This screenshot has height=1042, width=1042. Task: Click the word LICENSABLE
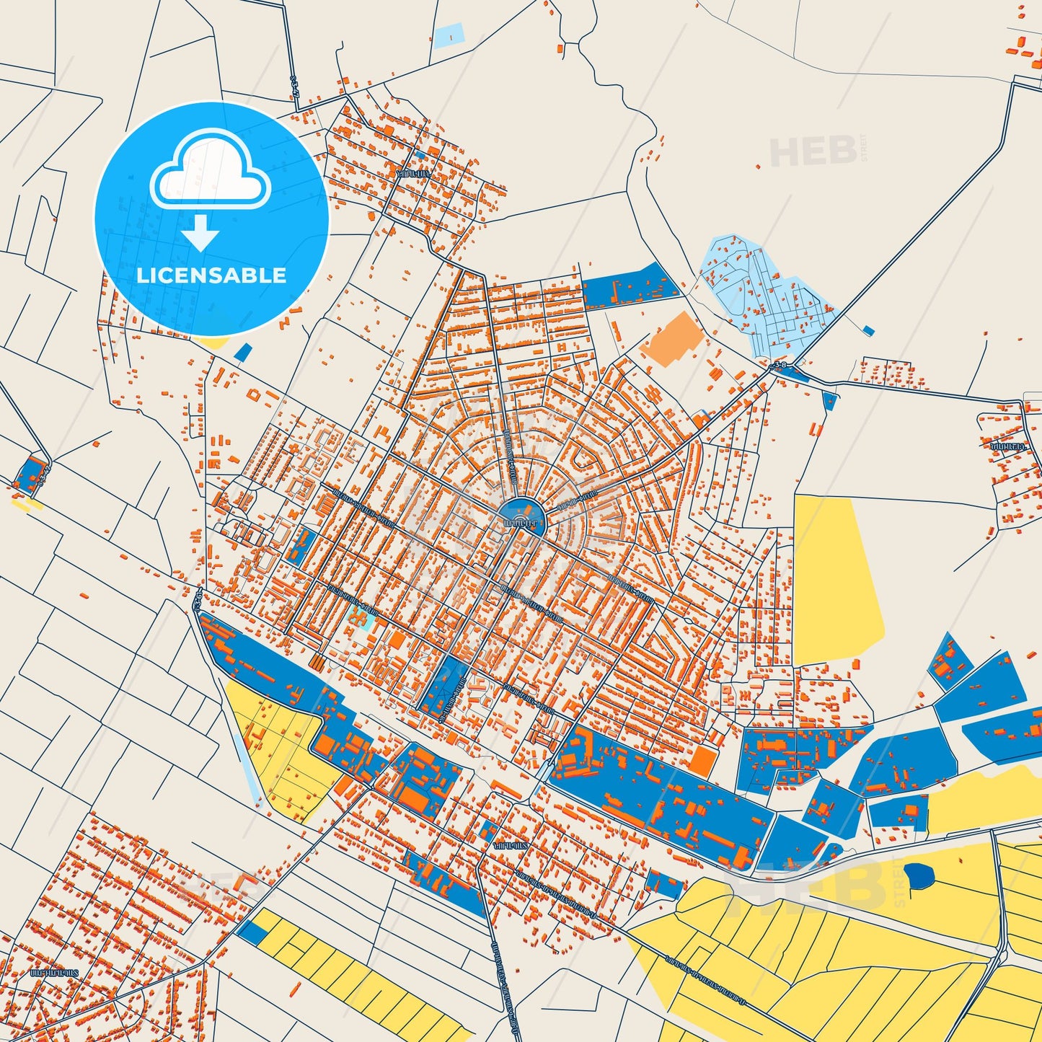211,275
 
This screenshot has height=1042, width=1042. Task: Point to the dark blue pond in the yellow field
919,875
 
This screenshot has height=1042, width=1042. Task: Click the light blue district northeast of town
764,296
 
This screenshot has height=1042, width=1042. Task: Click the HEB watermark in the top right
813,151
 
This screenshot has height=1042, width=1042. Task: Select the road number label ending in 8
779,365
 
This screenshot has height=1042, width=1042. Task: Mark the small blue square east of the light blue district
868,330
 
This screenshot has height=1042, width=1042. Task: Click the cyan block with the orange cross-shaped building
360,618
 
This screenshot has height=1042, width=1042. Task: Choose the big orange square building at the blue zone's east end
701,760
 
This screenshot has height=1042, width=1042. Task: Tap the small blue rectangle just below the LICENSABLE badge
244,352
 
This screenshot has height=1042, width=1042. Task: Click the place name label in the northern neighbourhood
413,173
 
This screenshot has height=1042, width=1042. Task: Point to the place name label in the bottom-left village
53,973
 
